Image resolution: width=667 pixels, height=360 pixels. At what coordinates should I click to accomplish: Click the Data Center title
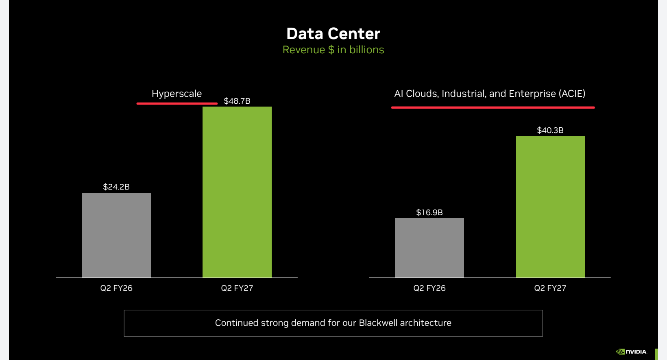[333, 33]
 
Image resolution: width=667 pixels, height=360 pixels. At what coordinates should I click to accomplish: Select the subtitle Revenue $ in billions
[333, 50]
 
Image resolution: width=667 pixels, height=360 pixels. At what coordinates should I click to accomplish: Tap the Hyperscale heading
[177, 94]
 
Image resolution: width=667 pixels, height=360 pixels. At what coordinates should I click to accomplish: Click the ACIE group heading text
[490, 94]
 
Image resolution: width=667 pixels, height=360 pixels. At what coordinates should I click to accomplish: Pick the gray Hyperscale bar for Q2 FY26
[116, 235]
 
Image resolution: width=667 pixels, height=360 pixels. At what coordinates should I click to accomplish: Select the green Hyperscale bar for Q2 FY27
[237, 192]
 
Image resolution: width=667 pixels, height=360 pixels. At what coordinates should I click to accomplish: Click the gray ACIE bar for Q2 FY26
[429, 248]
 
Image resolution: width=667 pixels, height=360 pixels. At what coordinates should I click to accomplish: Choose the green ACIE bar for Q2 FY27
[550, 207]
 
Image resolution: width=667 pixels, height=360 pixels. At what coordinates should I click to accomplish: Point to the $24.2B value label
[116, 187]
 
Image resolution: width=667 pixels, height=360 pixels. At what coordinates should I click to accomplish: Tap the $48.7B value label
[237, 101]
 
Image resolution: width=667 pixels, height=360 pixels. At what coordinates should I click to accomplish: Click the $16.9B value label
[429, 212]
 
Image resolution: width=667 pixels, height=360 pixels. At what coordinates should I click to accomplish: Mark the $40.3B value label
[550, 130]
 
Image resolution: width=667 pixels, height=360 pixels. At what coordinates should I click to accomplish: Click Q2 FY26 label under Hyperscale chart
[116, 288]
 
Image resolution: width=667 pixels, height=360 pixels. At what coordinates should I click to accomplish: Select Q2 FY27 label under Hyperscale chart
[237, 288]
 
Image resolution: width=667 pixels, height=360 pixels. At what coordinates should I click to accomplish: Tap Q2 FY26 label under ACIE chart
[429, 288]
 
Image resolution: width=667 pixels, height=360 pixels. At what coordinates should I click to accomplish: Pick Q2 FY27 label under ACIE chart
[550, 288]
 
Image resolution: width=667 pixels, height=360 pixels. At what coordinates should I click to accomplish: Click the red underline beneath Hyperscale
[177, 104]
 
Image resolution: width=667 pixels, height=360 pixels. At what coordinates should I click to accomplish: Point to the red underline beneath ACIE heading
[493, 107]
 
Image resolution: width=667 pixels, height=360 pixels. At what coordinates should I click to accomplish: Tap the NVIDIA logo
[631, 352]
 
